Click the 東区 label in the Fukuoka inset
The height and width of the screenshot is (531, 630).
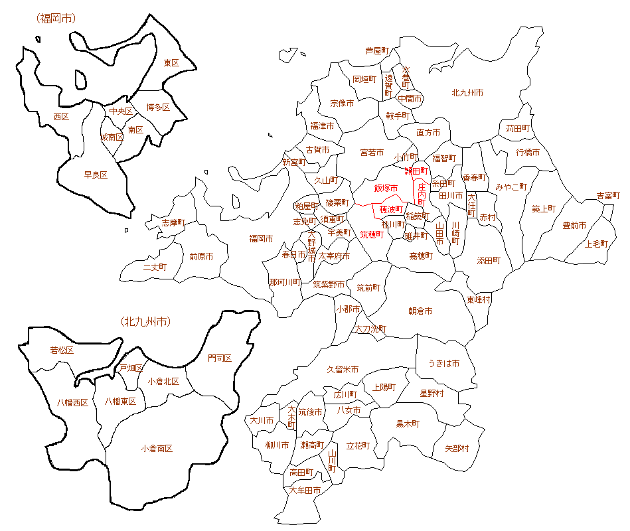(171, 62)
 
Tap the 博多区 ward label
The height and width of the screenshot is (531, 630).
(158, 107)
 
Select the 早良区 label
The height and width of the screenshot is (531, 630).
(96, 175)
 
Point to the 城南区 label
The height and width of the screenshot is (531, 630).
(112, 137)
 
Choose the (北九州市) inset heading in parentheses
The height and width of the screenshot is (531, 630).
(146, 322)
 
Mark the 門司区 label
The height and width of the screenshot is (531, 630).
(220, 358)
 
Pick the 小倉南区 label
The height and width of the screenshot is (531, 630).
(157, 449)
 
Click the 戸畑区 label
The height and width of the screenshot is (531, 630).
(131, 368)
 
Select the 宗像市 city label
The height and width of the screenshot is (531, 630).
(342, 104)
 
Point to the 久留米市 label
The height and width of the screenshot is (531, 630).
(343, 369)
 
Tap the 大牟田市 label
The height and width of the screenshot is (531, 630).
(305, 491)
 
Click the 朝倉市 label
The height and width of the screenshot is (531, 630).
(420, 311)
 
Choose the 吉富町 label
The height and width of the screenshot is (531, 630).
(608, 196)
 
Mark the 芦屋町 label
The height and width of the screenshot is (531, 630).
(376, 50)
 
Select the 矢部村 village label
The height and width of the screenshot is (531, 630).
(456, 449)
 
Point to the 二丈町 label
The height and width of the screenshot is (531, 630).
(155, 267)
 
